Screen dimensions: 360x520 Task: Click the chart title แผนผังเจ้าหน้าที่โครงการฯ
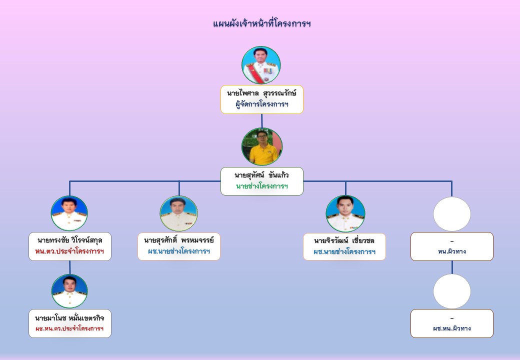click(x=261, y=23)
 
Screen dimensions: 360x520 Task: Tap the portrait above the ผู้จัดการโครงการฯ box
click(x=261, y=65)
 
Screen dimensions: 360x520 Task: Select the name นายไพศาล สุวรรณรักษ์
click(x=261, y=93)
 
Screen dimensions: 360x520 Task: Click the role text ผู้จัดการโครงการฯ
click(x=261, y=105)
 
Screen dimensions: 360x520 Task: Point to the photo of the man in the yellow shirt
click(x=261, y=147)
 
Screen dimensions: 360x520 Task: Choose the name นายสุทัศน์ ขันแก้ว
click(x=261, y=175)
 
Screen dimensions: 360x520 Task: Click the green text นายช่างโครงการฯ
click(x=261, y=186)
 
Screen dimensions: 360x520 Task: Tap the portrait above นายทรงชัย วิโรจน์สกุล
click(x=69, y=213)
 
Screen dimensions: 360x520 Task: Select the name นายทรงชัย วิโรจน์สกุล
click(x=69, y=240)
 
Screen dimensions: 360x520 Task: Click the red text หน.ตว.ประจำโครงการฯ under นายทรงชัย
click(x=69, y=251)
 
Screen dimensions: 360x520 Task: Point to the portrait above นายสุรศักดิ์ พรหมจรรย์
click(x=178, y=213)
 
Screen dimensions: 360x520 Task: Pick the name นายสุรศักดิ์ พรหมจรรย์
click(x=178, y=240)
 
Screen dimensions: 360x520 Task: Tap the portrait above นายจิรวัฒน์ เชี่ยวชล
click(x=345, y=213)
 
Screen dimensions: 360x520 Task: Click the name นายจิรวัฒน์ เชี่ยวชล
click(x=344, y=240)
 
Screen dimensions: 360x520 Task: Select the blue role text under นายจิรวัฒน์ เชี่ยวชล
click(x=344, y=252)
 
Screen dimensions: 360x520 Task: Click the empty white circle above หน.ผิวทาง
click(x=451, y=214)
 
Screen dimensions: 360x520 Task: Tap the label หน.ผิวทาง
click(x=451, y=251)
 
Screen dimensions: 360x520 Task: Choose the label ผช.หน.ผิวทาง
click(x=451, y=328)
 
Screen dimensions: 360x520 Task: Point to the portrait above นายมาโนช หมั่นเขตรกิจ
click(x=69, y=291)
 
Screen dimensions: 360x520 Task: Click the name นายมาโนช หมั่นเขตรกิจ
click(x=69, y=317)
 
